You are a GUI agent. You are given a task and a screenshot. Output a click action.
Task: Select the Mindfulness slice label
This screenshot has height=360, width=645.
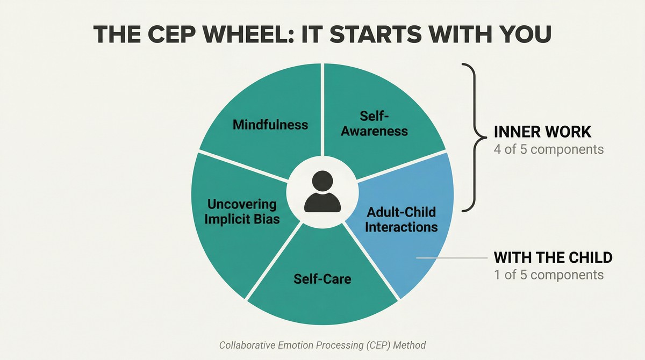click(x=270, y=125)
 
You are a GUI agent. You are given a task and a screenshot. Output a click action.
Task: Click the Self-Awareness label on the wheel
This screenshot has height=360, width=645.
click(x=374, y=124)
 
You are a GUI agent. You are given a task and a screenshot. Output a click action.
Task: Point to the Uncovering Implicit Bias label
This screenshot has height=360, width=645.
click(x=242, y=212)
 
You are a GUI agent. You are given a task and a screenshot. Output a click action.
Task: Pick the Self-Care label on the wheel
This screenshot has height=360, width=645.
click(x=322, y=279)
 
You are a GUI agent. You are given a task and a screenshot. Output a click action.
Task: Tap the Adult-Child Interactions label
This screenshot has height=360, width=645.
click(x=402, y=220)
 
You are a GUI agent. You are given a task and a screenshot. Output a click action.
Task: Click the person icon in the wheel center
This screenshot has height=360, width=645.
click(x=322, y=192)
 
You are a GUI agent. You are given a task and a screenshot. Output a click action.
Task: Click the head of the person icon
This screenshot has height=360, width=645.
click(x=322, y=181)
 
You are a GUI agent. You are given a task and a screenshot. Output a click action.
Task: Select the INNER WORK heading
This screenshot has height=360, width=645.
click(x=542, y=132)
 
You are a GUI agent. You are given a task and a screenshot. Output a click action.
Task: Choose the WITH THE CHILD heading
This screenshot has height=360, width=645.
click(x=553, y=257)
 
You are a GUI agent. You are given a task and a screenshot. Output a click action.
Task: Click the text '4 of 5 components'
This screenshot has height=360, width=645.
click(x=549, y=149)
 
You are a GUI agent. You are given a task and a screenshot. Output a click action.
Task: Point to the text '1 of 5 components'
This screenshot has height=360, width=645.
click(x=549, y=275)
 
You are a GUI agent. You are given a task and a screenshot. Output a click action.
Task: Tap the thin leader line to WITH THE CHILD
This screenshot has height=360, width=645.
click(x=452, y=258)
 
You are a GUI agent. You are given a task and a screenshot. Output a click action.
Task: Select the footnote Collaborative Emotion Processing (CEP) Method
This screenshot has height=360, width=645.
click(x=322, y=345)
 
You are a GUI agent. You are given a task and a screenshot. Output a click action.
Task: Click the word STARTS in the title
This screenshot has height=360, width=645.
click(x=377, y=34)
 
